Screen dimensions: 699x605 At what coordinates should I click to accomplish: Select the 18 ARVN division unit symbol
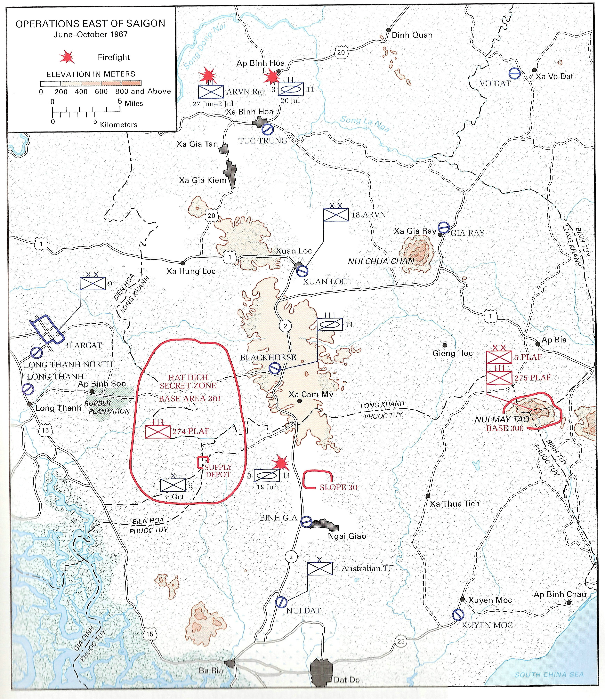336,214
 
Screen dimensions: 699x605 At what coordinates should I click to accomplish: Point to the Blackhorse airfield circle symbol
275,368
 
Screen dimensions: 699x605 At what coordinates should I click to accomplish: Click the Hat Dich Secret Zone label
188,381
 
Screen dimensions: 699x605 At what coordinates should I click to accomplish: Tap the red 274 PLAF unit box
158,431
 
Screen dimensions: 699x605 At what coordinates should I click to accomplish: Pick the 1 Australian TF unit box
320,569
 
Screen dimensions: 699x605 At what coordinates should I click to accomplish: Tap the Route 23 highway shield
401,641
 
